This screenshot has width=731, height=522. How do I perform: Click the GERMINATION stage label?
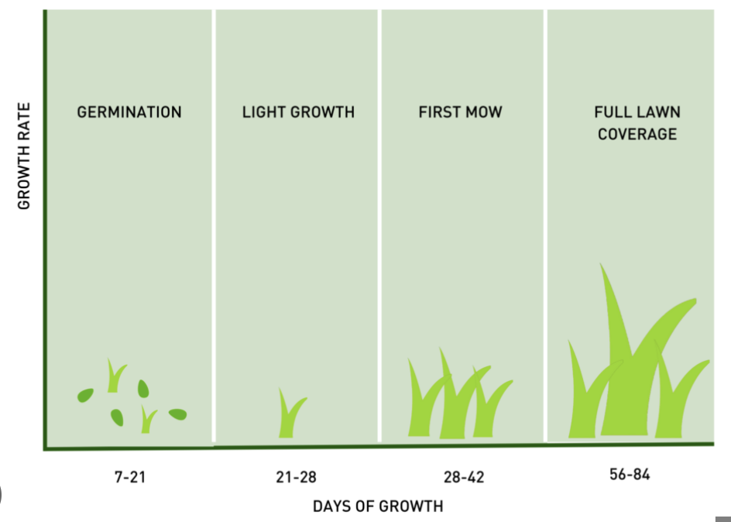tap(129, 112)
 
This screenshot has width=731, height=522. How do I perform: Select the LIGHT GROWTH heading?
tap(298, 112)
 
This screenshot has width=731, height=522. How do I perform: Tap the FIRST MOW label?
tap(460, 112)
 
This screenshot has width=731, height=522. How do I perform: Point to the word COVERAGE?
tap(636, 134)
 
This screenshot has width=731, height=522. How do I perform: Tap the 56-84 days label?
tap(629, 474)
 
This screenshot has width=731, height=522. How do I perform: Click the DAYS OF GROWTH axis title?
tap(378, 507)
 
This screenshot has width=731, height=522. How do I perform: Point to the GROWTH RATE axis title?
tap(24, 156)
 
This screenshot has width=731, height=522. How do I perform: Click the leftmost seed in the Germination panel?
tap(85, 395)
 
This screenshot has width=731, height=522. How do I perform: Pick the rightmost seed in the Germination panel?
tap(177, 414)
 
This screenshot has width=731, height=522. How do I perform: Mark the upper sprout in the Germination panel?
tap(115, 376)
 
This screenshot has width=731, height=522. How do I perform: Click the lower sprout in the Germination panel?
tap(147, 421)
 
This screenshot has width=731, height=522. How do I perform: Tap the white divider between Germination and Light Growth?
tap(214, 225)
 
